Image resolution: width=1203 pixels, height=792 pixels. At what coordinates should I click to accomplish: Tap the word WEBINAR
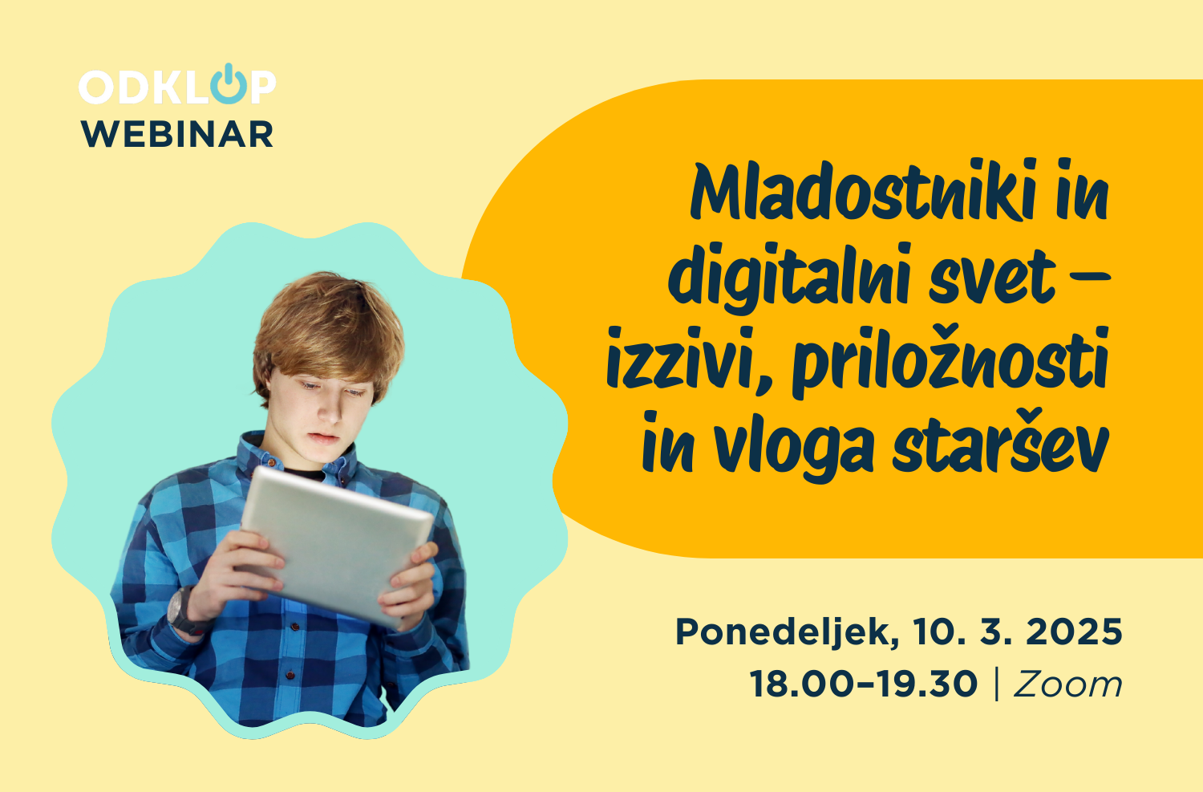[177, 134]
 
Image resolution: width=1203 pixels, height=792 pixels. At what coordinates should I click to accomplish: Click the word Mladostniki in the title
[862, 190]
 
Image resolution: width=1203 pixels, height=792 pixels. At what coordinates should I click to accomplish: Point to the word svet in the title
[993, 279]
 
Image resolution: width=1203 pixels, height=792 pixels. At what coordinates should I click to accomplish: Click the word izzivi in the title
[690, 363]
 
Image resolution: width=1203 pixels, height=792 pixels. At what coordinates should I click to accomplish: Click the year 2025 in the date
[1074, 632]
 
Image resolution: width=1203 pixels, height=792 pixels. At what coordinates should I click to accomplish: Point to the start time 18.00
[801, 684]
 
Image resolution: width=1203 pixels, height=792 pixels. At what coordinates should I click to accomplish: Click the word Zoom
[1067, 684]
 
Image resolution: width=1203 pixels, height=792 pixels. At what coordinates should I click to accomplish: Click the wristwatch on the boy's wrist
[184, 611]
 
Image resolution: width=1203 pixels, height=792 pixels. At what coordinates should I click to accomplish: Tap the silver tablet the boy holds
[338, 546]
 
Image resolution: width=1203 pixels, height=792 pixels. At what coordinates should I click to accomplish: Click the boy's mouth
[323, 438]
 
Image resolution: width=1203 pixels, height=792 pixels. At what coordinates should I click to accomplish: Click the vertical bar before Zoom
[997, 684]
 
